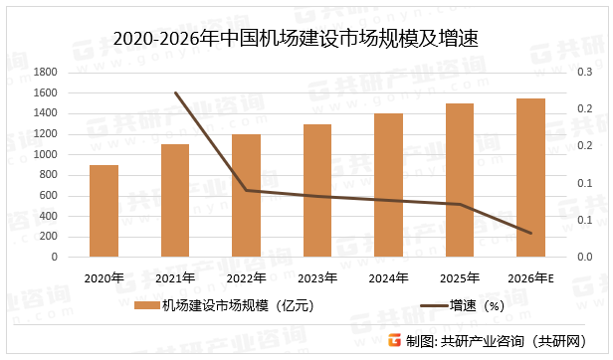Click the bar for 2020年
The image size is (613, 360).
[103, 211]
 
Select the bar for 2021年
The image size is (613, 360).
[175, 201]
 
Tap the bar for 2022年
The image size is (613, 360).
[246, 196]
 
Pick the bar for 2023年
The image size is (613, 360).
[317, 191]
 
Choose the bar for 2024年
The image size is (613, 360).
[388, 185]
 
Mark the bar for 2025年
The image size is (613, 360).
[460, 180]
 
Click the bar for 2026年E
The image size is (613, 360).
[530, 178]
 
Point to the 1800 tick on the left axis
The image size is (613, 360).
[46, 73]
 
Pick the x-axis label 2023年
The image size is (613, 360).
[317, 278]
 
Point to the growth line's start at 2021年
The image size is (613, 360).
[175, 92]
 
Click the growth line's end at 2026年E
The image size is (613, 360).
[531, 234]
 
